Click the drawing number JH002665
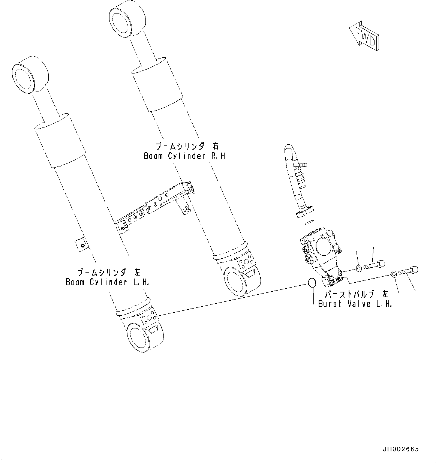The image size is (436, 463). tap(400, 449)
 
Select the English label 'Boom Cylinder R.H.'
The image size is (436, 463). tap(186, 156)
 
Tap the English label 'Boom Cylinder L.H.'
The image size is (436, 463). tap(107, 282)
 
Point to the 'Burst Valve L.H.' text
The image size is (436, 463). tap(355, 304)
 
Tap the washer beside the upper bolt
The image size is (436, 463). tap(359, 268)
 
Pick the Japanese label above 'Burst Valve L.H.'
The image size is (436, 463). tap(357, 294)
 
